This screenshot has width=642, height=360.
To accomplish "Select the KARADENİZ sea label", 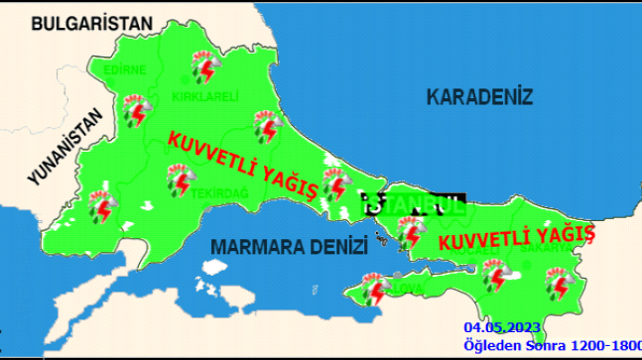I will (x=479, y=97).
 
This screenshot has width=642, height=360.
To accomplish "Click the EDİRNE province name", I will (x=126, y=70).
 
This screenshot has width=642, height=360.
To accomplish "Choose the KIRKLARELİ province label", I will (x=205, y=96).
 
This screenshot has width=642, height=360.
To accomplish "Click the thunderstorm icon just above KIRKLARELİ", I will (x=205, y=66).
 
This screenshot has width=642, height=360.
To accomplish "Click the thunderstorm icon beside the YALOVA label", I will (x=376, y=292).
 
